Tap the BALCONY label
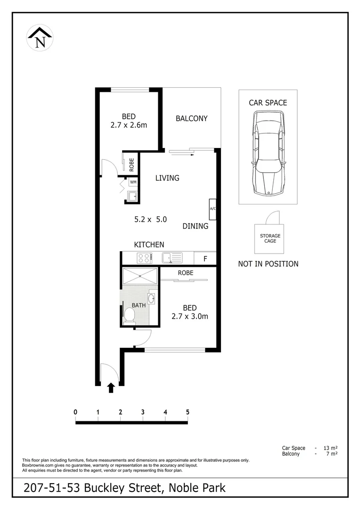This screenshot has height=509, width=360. point(191,118)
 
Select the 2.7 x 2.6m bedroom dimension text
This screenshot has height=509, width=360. point(128,125)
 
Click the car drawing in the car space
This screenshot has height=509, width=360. point(268,153)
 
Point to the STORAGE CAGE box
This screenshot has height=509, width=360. point(270,238)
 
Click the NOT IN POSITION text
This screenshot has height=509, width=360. point(268,264)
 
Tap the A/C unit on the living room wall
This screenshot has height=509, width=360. point(213,209)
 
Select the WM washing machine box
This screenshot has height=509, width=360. point(133,182)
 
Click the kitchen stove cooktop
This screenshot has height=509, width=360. point(144,258)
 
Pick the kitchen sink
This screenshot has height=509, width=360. point(172,258)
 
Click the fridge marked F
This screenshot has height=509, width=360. point(205,258)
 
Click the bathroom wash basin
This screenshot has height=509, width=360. point(151,298)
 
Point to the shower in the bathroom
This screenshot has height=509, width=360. point(140,276)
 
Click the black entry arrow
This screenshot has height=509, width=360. point(111,387)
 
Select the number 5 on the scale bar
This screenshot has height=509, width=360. point(188,412)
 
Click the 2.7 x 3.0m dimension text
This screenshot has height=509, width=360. point(189,316)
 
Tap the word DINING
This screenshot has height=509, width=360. point(196,226)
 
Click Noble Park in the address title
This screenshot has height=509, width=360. point(196,487)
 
